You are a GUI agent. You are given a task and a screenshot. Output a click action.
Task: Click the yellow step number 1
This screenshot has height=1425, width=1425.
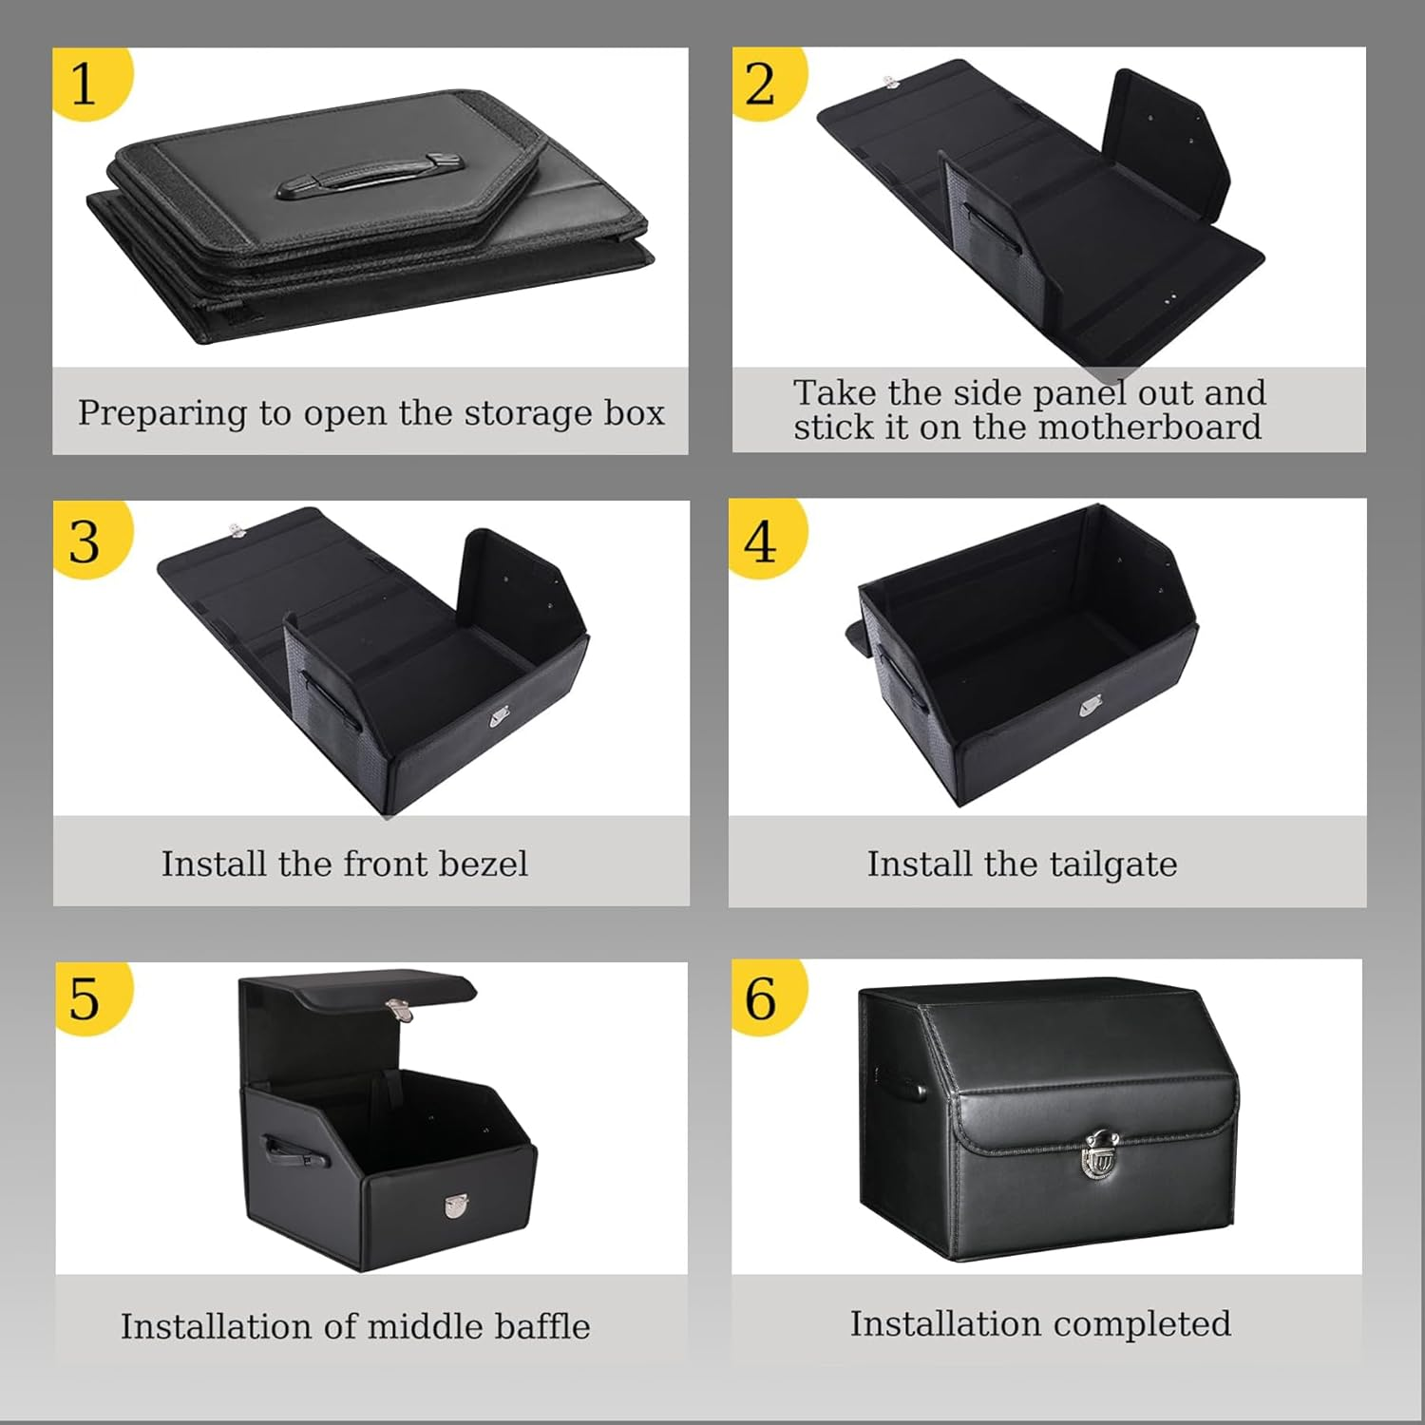coord(84,84)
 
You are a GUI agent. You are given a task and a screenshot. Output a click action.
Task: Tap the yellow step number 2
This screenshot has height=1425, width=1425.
coord(760,84)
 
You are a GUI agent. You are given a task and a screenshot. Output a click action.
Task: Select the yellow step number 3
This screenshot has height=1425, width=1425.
coord(84,542)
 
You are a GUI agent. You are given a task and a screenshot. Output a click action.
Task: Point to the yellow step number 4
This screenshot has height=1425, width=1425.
coord(760,542)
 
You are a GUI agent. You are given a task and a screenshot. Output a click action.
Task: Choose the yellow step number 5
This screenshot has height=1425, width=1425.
coord(84,998)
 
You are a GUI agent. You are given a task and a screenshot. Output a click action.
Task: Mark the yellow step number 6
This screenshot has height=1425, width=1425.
coord(760,998)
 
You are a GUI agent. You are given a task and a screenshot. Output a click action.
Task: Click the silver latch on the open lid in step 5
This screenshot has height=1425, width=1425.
coord(399,1009)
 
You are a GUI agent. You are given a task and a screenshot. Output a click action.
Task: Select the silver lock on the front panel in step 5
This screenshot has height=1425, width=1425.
coord(456,1206)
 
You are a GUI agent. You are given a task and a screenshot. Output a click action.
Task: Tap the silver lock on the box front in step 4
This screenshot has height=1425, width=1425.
coord(1092,708)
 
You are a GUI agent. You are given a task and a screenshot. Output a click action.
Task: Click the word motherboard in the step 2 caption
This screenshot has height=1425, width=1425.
coord(1149,427)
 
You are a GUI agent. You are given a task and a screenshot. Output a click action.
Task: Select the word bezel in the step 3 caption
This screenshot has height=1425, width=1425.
coord(482,864)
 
